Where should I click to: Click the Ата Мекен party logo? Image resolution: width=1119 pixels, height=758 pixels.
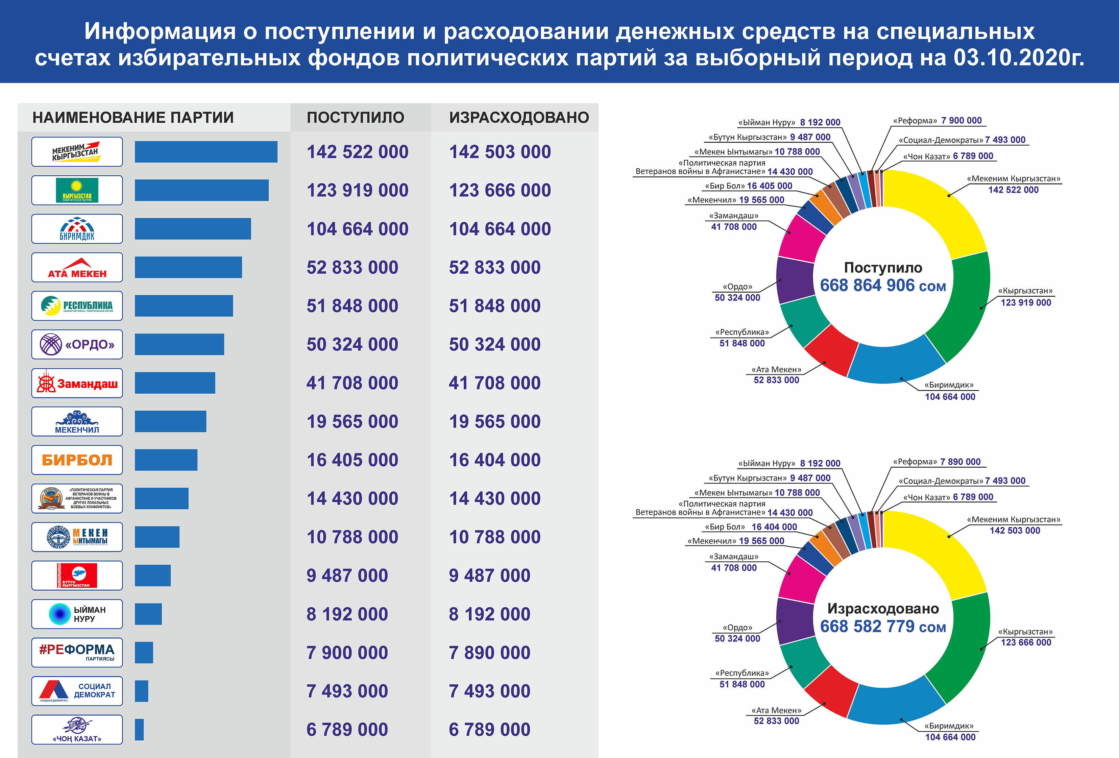(77, 267)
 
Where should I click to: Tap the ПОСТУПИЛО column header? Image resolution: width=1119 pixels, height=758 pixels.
(355, 118)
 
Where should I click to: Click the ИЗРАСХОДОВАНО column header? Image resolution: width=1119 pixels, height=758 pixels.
(518, 118)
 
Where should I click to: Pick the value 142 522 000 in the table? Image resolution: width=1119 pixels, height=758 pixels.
(357, 152)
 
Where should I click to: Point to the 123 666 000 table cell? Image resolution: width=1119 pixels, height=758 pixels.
(500, 190)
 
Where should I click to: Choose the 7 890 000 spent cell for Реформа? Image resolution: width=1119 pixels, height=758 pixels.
(489, 653)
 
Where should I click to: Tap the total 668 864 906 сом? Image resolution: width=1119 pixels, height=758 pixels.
(882, 286)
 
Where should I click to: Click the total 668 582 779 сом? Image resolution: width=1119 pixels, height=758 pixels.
(882, 627)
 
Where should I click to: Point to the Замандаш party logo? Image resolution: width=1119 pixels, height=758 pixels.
(77, 383)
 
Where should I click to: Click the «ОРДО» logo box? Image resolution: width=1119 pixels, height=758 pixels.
(77, 344)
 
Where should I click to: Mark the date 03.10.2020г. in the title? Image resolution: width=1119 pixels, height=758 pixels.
(1018, 58)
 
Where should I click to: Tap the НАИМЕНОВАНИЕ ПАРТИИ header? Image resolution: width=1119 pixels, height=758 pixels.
(133, 118)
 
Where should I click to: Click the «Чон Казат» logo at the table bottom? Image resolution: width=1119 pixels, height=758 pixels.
(77, 730)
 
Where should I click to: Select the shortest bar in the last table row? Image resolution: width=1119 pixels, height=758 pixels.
(139, 730)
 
